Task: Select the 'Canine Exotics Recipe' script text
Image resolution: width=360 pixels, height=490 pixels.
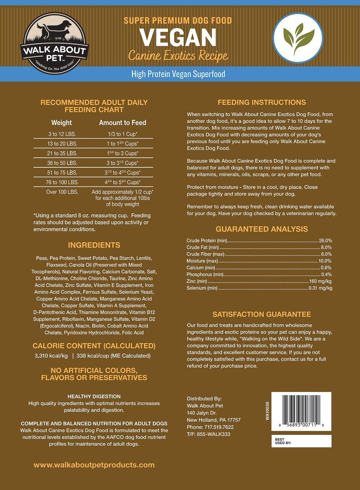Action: (178, 55)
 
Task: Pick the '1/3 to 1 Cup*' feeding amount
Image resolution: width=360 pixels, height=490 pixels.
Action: (122, 134)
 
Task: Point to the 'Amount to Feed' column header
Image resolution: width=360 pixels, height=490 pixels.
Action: (122, 122)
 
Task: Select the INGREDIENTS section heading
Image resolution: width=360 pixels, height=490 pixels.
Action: (94, 245)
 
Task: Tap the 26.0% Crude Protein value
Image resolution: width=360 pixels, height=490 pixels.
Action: (325, 241)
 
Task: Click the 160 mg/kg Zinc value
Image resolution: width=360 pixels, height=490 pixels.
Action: (321, 281)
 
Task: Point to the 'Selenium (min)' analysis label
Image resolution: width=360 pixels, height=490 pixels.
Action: (202, 288)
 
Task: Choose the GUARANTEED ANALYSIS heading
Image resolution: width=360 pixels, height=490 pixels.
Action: (262, 229)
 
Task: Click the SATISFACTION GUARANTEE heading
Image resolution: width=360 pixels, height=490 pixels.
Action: (262, 314)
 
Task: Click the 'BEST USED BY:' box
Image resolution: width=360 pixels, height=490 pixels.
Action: (301, 440)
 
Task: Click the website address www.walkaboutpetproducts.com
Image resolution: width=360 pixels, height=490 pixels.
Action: (94, 465)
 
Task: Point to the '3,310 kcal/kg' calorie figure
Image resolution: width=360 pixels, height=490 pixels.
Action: (50, 356)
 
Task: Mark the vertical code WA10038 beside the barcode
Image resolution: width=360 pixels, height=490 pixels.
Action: (267, 411)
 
